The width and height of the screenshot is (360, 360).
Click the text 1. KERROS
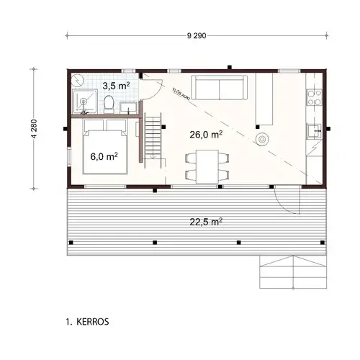[x=87, y=322]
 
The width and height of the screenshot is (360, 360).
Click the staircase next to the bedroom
[x=154, y=138]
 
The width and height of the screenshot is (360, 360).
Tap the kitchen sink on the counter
[x=314, y=131]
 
